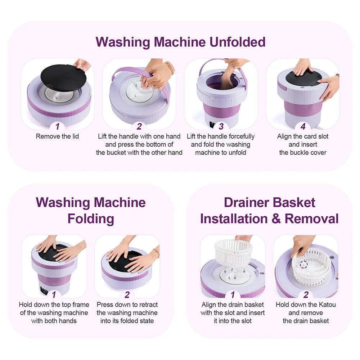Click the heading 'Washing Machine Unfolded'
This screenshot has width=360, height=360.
180,42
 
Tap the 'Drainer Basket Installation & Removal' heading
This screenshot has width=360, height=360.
269,211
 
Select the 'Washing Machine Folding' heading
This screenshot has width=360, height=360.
91,211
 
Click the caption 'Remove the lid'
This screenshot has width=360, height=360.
57,136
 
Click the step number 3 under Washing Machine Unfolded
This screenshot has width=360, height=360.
221,126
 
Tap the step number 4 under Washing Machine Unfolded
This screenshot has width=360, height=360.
303,126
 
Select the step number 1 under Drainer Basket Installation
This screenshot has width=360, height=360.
233,295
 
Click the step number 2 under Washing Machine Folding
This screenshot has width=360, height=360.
127,295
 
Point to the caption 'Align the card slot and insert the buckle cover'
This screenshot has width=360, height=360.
303,144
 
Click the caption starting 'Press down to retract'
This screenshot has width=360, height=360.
127,312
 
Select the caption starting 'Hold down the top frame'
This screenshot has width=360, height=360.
54,312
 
